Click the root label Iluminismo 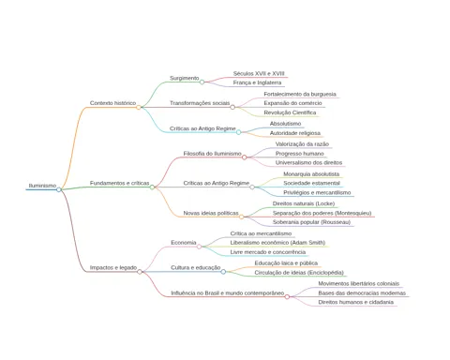click(x=42, y=186)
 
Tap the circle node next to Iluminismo click(x=59, y=189)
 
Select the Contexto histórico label click(x=112, y=103)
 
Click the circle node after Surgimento click(x=202, y=82)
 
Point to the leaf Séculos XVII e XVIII click(x=259, y=74)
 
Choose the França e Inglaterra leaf click(x=257, y=82)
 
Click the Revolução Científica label click(x=290, y=112)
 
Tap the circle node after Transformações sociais click(x=232, y=107)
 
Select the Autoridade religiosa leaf click(x=295, y=133)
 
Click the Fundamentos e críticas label click(x=120, y=183)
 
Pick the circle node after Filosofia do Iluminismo click(x=245, y=157)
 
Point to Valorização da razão click(x=302, y=144)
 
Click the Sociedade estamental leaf click(x=311, y=183)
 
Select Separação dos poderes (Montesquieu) click(x=322, y=213)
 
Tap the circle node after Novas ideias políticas click(x=242, y=217)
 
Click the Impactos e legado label click(x=113, y=268)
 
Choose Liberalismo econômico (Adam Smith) click(x=277, y=243)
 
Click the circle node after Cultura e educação click(x=223, y=272)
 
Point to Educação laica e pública click(x=286, y=263)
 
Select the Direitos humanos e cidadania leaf click(x=356, y=302)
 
